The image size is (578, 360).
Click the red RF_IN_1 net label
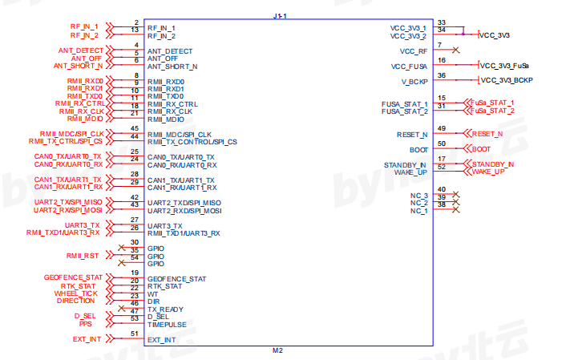pyautogui.click(x=84, y=27)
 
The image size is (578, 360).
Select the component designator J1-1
pyautogui.click(x=279, y=15)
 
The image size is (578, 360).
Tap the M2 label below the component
pyautogui.click(x=278, y=351)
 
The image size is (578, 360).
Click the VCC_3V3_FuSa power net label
pyautogui.click(x=505, y=66)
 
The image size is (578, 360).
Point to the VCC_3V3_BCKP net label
pyautogui.click(x=507, y=80)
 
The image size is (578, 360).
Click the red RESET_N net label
pyautogui.click(x=487, y=134)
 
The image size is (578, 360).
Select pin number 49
pyautogui.click(x=442, y=129)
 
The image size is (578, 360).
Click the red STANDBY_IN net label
pyautogui.click(x=492, y=164)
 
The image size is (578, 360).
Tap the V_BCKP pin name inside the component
pyautogui.click(x=414, y=81)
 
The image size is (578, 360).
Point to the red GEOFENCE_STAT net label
pyautogui.click(x=75, y=277)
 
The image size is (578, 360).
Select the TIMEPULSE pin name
pyautogui.click(x=167, y=325)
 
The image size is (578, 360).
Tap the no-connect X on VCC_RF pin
pyautogui.click(x=455, y=51)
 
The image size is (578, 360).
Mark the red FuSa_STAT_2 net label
pyautogui.click(x=493, y=111)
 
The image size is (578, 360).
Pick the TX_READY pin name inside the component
pyautogui.click(x=165, y=309)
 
